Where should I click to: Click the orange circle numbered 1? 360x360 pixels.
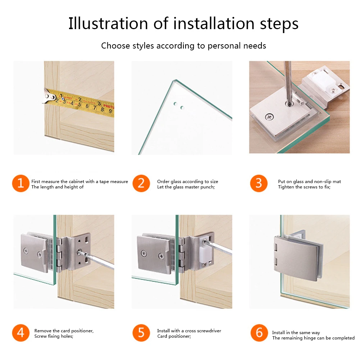pyautogui.click(x=20, y=183)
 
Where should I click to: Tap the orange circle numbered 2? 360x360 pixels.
pyautogui.click(x=141, y=183)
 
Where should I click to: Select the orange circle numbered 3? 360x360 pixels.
pyautogui.click(x=259, y=183)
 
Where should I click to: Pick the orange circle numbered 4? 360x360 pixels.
pyautogui.click(x=20, y=333)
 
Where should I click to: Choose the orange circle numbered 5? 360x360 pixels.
pyautogui.click(x=141, y=333)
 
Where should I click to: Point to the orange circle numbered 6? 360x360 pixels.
pyautogui.click(x=259, y=333)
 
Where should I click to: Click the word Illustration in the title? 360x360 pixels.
pyautogui.click(x=108, y=23)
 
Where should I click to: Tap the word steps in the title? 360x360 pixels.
pyautogui.click(x=279, y=24)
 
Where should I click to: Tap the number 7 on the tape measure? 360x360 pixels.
pyautogui.click(x=94, y=108)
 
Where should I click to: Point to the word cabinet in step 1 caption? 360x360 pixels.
pyautogui.click(x=76, y=181)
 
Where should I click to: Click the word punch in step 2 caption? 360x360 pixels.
pyautogui.click(x=207, y=187)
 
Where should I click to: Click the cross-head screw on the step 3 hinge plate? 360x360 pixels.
pyautogui.click(x=269, y=117)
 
